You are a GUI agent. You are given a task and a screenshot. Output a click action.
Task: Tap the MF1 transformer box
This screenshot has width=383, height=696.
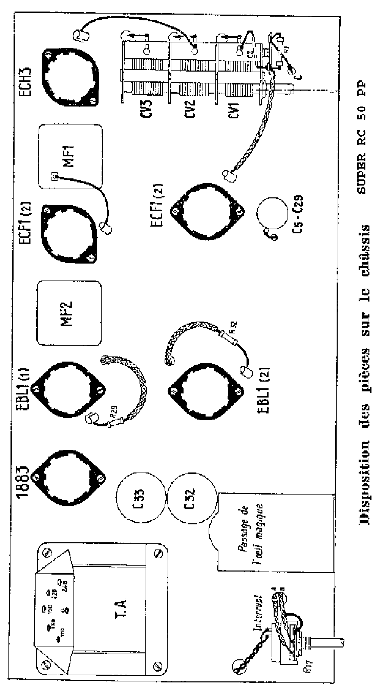pyautogui.click(x=70, y=156)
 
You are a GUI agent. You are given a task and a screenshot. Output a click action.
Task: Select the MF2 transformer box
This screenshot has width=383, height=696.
pyautogui.click(x=69, y=313)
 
